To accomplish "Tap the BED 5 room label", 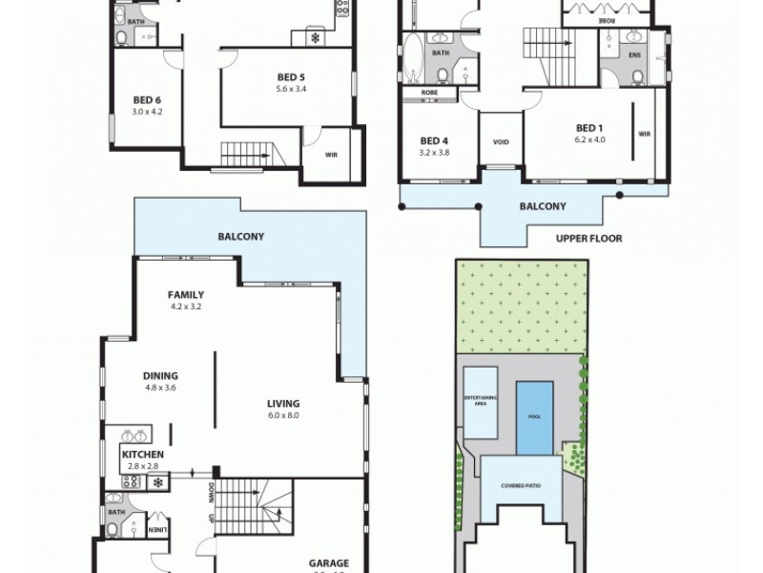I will (x=291, y=77).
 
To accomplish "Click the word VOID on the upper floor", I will (x=501, y=143).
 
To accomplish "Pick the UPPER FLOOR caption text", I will (x=588, y=239).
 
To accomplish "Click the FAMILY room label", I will (x=186, y=295).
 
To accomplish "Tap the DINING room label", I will (x=161, y=376).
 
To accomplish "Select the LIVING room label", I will (x=284, y=403).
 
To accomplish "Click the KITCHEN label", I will (x=142, y=454).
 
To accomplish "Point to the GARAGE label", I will (x=328, y=562).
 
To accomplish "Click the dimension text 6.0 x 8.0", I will (x=284, y=415).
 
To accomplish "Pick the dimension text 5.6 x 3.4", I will (x=291, y=89).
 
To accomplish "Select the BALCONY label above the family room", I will (x=240, y=236).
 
